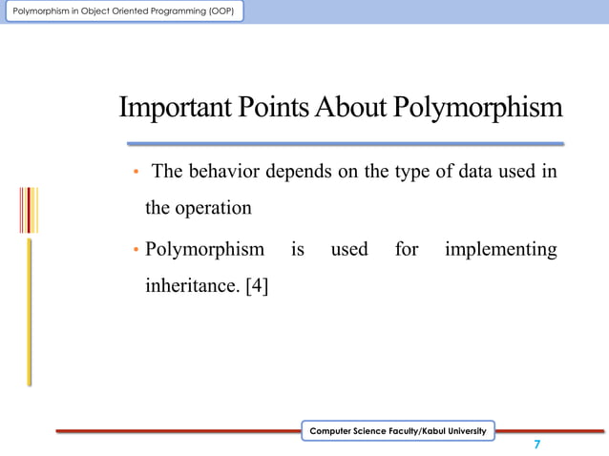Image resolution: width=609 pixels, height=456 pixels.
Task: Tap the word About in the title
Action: pos(348,109)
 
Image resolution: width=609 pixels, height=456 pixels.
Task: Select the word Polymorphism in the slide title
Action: pos(476,109)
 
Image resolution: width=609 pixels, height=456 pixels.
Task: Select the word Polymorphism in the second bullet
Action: pos(204,250)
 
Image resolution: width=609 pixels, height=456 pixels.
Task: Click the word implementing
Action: pos(500,250)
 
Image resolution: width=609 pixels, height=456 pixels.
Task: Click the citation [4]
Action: pos(257,284)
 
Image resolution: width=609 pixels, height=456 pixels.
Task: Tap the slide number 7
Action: pos(537,446)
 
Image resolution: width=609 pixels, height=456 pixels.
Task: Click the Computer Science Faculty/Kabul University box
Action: pos(398,432)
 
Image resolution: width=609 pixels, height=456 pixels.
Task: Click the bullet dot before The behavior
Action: pos(136,173)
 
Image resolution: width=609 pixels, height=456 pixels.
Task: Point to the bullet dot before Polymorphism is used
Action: pos(136,251)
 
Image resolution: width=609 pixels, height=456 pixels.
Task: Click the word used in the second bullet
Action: pos(348,250)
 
